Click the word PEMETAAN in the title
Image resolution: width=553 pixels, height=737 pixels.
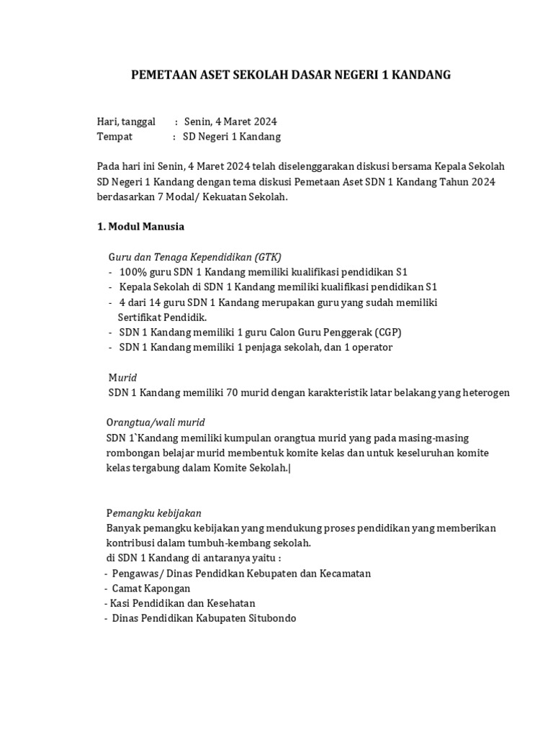coord(162,75)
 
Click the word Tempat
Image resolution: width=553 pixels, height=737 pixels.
coord(115,137)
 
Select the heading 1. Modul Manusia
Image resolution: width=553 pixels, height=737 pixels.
coord(140,227)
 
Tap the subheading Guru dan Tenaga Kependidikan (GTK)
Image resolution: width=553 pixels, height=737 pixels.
coord(194,257)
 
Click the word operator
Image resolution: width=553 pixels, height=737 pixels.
coord(370,348)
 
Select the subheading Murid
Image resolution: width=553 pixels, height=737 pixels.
coord(122,377)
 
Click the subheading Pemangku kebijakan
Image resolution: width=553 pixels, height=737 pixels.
coord(153,513)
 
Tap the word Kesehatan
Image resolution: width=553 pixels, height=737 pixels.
coord(231,603)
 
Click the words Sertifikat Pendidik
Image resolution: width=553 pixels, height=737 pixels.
coord(163,317)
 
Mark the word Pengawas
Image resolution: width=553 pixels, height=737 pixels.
coord(135,573)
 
